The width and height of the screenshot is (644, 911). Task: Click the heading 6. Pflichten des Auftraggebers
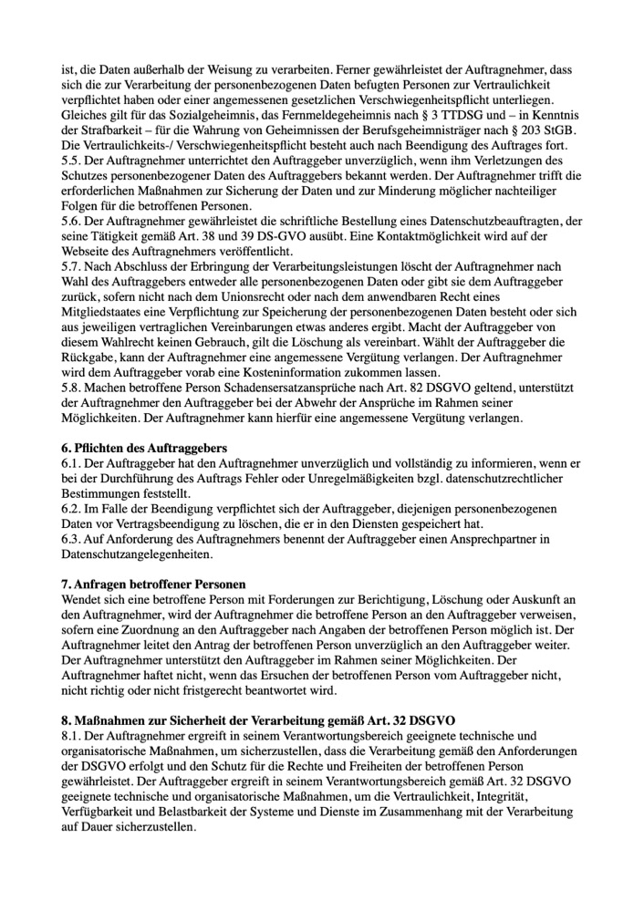pyautogui.click(x=144, y=449)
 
